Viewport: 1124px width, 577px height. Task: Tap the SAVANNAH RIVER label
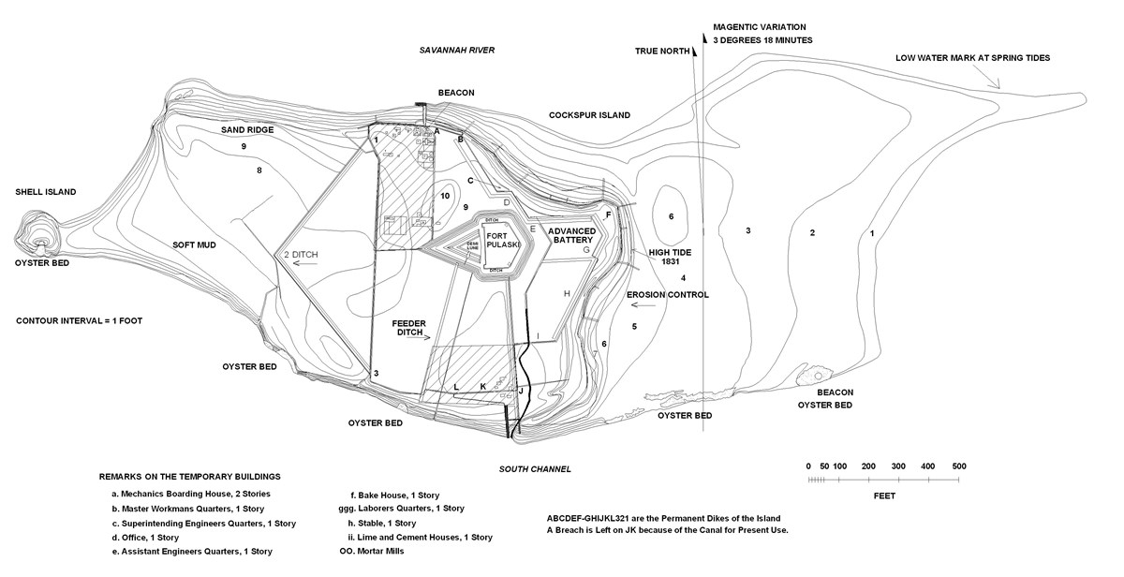click(x=456, y=50)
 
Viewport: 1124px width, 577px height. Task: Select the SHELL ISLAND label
click(x=45, y=192)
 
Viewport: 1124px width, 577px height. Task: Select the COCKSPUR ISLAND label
click(x=589, y=115)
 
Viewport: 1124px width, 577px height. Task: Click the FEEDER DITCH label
click(x=409, y=327)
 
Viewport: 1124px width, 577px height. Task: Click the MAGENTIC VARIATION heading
click(x=759, y=28)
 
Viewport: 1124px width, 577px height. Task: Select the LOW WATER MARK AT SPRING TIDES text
click(x=972, y=58)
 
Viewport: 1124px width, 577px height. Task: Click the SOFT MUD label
click(x=194, y=245)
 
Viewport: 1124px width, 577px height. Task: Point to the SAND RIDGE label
click(x=247, y=130)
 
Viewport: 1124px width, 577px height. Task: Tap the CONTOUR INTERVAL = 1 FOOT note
click(x=79, y=320)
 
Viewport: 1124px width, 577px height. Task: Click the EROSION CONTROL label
click(x=668, y=295)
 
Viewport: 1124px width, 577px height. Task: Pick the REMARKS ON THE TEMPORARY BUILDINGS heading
click(x=189, y=477)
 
